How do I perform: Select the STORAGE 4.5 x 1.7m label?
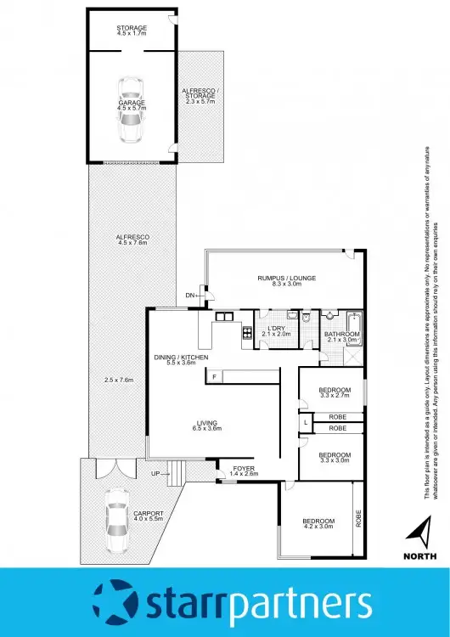(131, 32)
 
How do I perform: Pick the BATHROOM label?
(343, 338)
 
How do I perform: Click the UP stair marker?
(154, 474)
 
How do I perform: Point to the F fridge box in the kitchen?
(216, 376)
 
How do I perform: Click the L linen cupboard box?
(305, 421)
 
